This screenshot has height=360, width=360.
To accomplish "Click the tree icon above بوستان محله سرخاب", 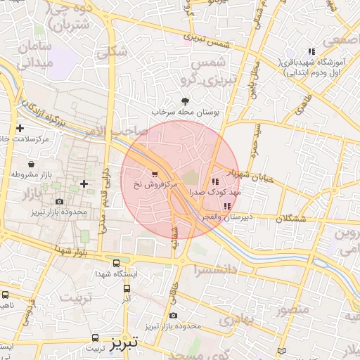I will pos(186,101).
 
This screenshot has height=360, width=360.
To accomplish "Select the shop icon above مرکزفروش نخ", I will pos(155,172).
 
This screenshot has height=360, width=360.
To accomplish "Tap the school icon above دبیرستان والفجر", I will pos(226,206).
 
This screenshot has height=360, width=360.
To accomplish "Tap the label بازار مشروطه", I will pos(31,173).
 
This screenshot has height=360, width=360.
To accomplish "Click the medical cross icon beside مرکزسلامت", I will pos(20,128).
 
